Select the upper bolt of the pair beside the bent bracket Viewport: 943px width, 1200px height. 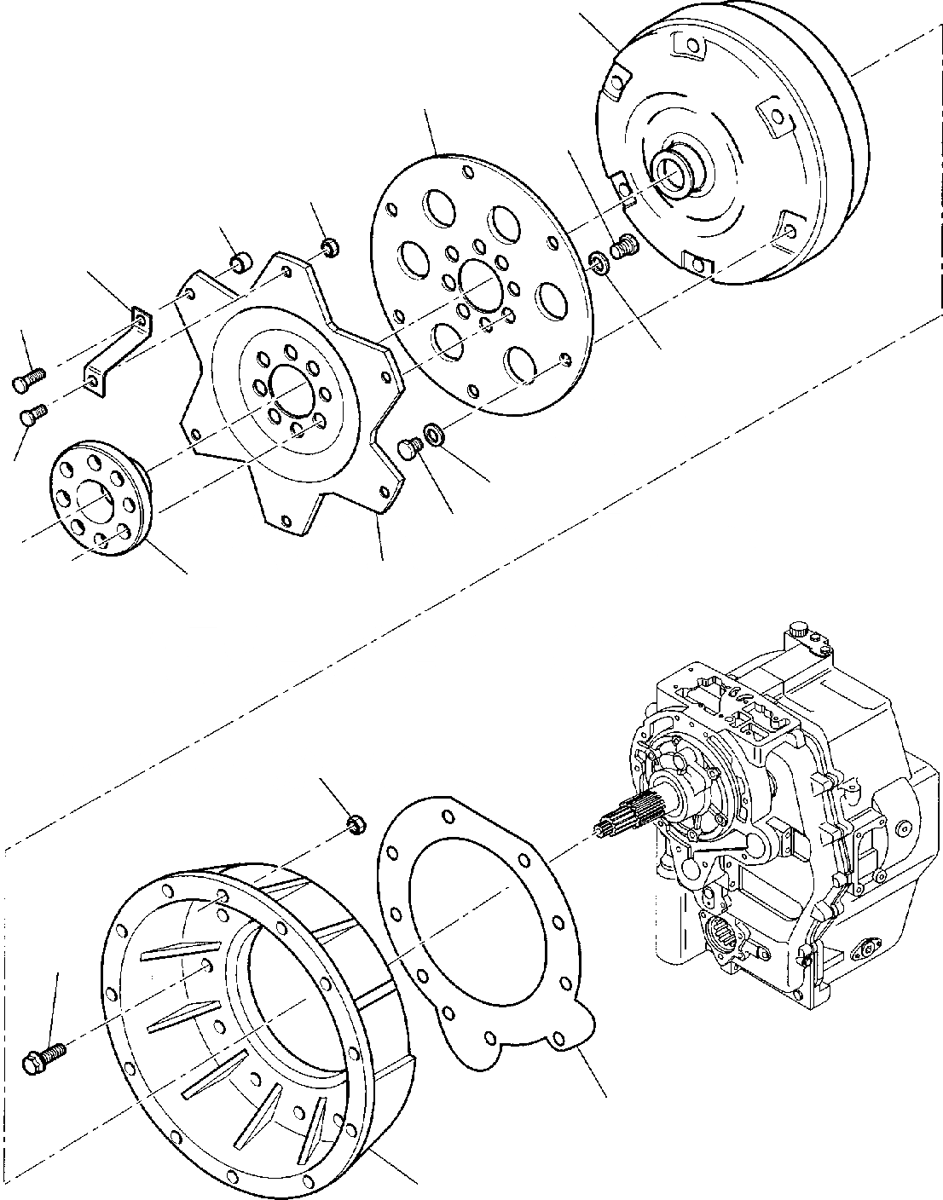coord(28,382)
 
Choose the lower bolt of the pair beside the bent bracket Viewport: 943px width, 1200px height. coord(33,417)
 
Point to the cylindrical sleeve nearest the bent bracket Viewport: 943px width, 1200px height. coord(240,261)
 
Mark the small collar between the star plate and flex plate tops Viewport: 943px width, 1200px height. coord(328,249)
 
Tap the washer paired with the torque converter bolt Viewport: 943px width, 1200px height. coord(600,262)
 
